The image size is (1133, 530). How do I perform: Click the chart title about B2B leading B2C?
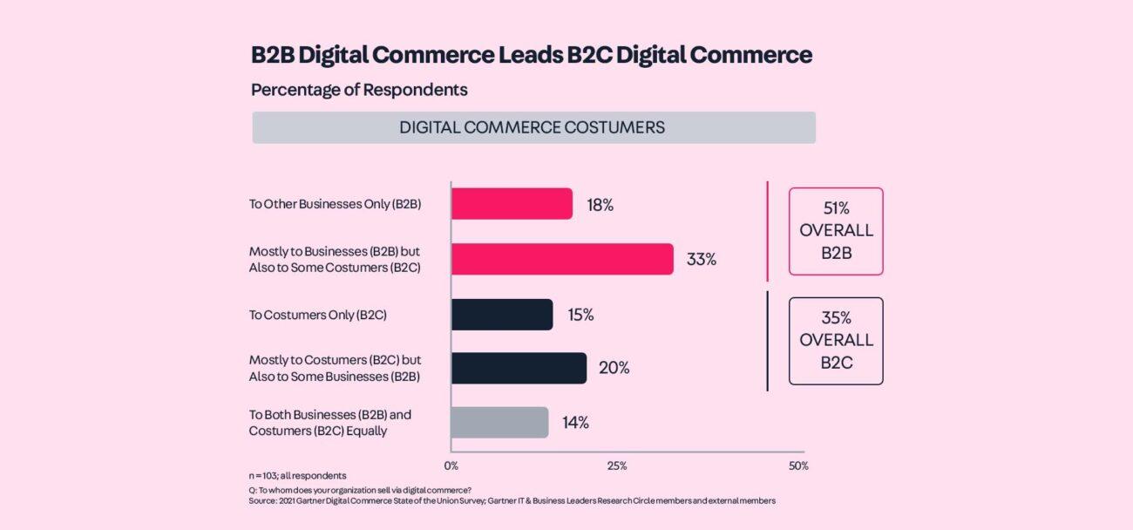[x=531, y=55]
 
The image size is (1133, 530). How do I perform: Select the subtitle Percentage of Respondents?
[x=359, y=90]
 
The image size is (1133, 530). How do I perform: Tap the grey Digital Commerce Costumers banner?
[x=533, y=127]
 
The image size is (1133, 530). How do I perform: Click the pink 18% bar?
[x=512, y=204]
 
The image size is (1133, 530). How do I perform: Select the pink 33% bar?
[x=562, y=259]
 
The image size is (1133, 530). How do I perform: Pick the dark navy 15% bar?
[x=502, y=315]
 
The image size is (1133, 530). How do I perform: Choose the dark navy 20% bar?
[x=519, y=368]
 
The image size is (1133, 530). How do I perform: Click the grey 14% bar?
[x=499, y=423]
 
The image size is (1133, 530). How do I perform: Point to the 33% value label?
[x=701, y=259]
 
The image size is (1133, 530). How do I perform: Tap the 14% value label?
[x=575, y=423]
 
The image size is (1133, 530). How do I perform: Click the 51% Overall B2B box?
[x=836, y=231]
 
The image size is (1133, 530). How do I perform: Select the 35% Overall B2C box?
[x=836, y=341]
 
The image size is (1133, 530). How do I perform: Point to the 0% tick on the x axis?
[x=451, y=466]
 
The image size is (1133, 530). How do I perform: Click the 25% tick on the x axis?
[x=617, y=466]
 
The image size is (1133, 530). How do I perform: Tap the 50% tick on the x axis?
[x=798, y=466]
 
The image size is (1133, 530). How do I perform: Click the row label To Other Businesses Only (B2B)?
[x=335, y=205]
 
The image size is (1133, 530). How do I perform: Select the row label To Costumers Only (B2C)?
[x=317, y=315]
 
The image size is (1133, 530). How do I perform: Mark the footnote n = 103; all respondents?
[x=297, y=476]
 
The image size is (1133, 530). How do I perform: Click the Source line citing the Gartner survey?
[x=512, y=501]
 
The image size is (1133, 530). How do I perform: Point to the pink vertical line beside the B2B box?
[x=767, y=231]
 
